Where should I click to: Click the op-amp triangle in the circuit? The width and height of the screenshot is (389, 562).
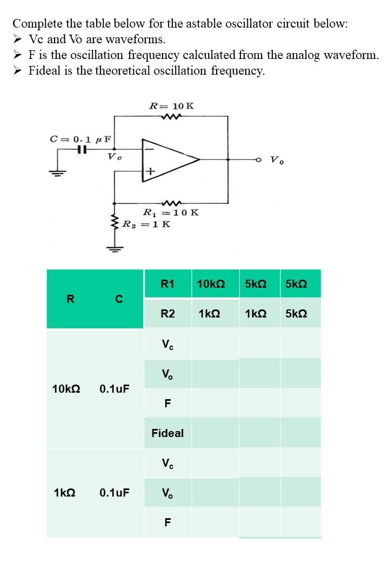[167, 160]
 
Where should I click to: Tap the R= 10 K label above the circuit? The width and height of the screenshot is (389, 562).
[171, 105]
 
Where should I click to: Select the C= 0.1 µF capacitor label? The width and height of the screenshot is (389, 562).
[81, 138]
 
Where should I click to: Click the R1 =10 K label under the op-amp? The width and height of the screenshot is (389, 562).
[170, 212]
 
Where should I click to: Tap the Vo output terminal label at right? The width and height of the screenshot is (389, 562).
[276, 160]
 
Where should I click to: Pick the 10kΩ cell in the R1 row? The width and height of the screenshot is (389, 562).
[211, 283]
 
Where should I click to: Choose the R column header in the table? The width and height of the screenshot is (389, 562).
[70, 299]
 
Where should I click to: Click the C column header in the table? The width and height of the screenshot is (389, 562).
[119, 299]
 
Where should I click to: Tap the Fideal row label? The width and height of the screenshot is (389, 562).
[167, 433]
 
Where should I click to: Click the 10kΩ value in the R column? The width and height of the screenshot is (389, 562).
[66, 388]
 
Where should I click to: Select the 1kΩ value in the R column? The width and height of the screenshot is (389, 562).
[64, 493]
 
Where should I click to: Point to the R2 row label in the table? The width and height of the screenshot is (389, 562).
[167, 314]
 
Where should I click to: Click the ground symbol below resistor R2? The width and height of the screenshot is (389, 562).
[114, 249]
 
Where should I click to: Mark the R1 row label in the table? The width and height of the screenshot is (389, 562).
[167, 283]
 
